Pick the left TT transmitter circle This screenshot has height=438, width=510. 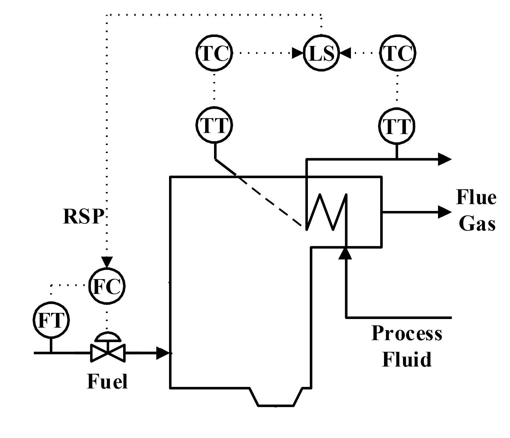(214, 126)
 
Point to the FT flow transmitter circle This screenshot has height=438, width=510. (51, 320)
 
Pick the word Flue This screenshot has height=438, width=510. (476, 197)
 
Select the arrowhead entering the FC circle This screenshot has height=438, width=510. (107, 261)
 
